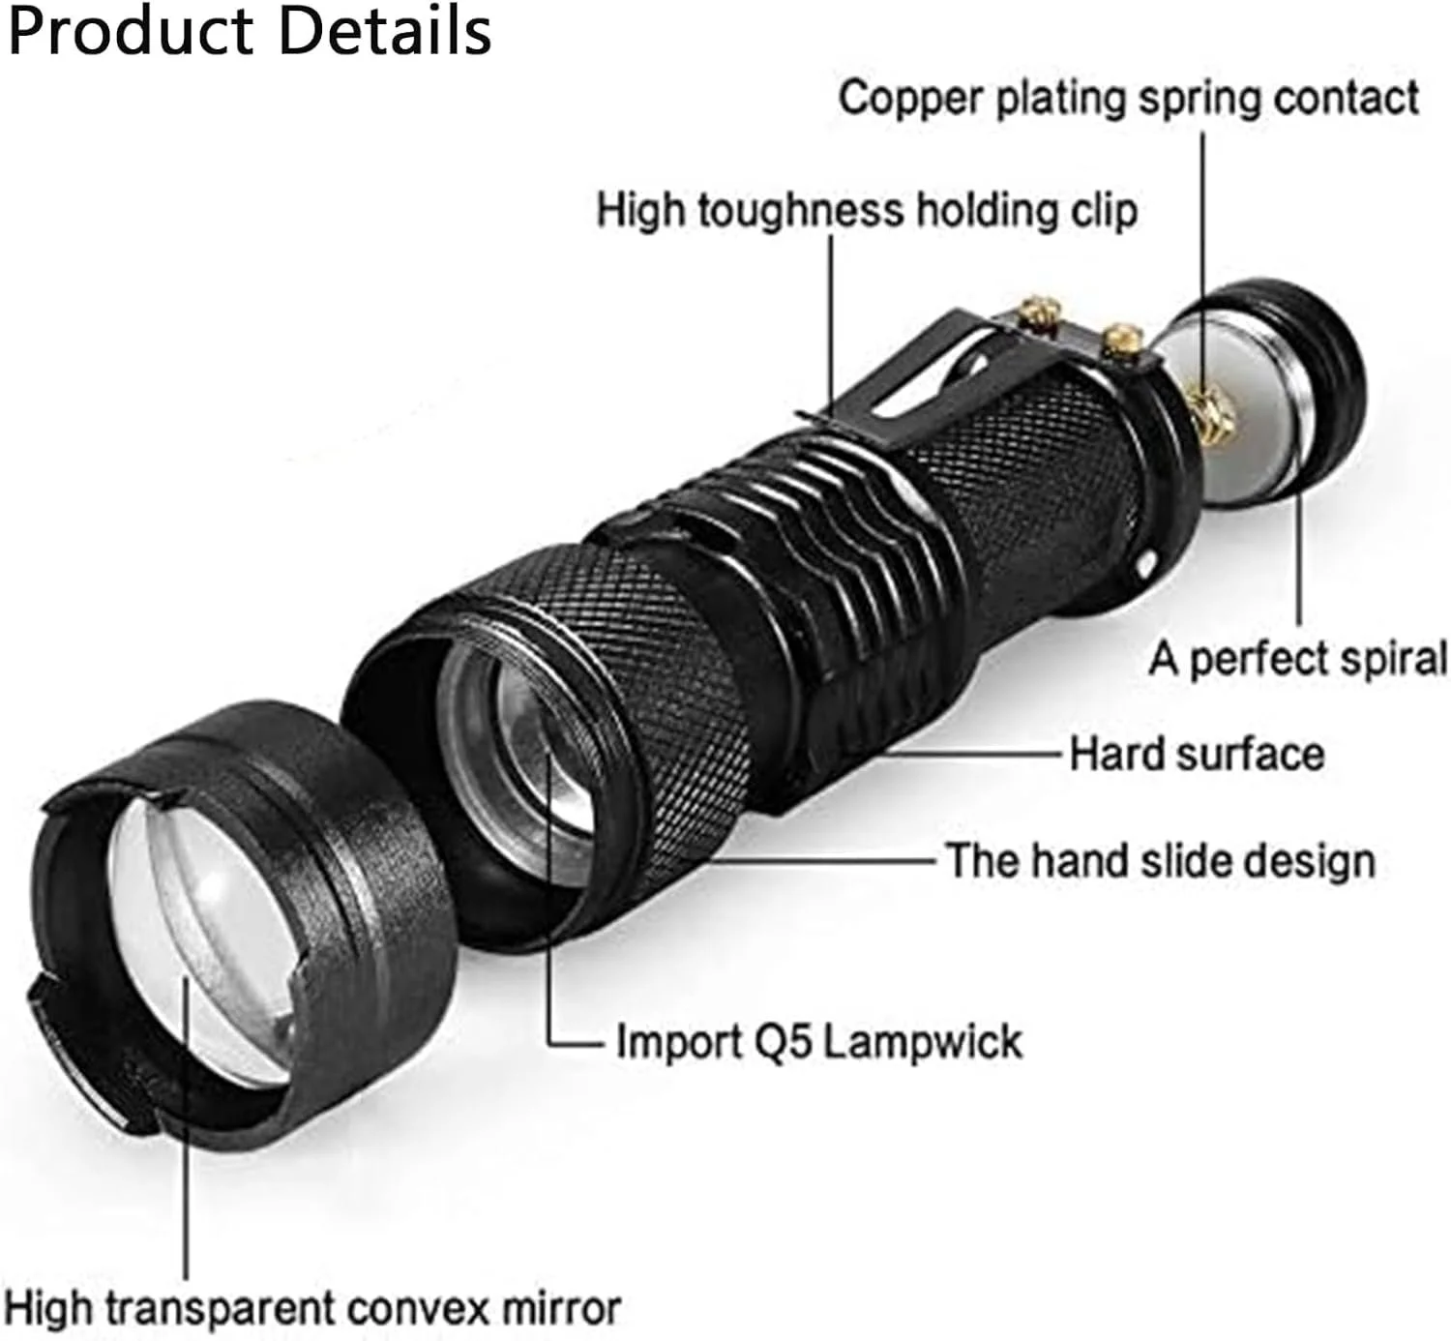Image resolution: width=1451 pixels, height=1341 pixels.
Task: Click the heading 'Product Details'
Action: (x=250, y=31)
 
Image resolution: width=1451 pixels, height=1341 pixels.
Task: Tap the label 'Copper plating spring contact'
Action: (x=1128, y=99)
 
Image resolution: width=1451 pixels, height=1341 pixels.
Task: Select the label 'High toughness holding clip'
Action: (x=866, y=211)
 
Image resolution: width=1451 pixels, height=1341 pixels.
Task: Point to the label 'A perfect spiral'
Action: (x=1297, y=659)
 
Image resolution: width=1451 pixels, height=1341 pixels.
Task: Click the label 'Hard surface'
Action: (x=1197, y=754)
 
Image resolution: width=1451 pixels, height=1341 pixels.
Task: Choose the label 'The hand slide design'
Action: (x=1160, y=860)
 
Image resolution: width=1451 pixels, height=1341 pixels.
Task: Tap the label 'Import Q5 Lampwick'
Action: (x=818, y=1042)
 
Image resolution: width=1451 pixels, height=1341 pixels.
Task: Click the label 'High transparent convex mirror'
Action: (x=311, y=1308)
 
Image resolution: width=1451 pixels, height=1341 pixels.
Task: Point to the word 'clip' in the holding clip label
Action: (x=1102, y=211)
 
